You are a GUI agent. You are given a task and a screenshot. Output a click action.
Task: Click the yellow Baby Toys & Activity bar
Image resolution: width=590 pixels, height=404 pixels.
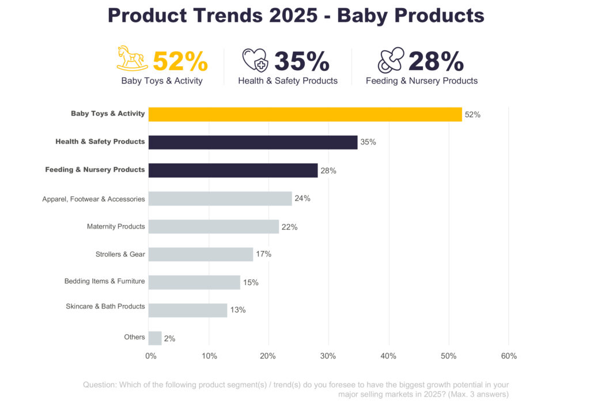click(305, 114)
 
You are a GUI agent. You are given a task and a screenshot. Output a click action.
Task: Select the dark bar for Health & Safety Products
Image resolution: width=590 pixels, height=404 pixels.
click(253, 142)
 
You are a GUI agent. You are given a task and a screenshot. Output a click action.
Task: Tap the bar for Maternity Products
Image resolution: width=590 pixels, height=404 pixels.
click(213, 226)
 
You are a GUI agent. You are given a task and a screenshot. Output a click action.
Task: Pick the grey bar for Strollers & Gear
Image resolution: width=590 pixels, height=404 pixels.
click(201, 254)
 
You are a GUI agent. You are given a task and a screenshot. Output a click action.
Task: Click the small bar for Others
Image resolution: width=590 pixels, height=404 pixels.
click(155, 338)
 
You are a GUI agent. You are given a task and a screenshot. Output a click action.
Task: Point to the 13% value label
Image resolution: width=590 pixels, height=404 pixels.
click(238, 310)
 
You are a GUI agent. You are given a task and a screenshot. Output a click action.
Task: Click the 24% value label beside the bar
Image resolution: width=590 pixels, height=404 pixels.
click(302, 199)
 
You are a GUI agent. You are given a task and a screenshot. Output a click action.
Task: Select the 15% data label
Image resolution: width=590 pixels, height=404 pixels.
click(251, 283)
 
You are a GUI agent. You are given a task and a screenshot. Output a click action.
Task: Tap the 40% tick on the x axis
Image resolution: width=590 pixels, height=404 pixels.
click(388, 356)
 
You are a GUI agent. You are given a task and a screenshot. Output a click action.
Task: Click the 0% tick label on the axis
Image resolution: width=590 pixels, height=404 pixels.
click(151, 356)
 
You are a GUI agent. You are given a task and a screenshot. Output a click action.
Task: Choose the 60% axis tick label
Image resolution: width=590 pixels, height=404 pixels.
click(509, 356)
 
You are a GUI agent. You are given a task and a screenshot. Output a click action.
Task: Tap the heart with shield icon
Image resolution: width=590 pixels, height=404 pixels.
click(255, 59)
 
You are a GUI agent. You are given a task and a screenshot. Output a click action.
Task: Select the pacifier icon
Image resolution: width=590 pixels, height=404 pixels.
click(390, 60)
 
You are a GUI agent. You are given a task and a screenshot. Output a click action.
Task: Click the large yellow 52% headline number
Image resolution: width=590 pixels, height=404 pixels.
click(180, 61)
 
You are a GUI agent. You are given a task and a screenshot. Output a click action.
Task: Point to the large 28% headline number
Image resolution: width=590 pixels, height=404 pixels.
click(436, 61)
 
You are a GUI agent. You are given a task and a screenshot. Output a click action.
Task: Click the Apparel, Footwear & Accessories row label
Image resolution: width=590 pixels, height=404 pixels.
click(93, 199)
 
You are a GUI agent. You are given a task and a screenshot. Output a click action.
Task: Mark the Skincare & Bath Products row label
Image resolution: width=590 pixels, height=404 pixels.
click(105, 307)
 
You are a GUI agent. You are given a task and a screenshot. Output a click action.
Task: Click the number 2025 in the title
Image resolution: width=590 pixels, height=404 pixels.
click(293, 16)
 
